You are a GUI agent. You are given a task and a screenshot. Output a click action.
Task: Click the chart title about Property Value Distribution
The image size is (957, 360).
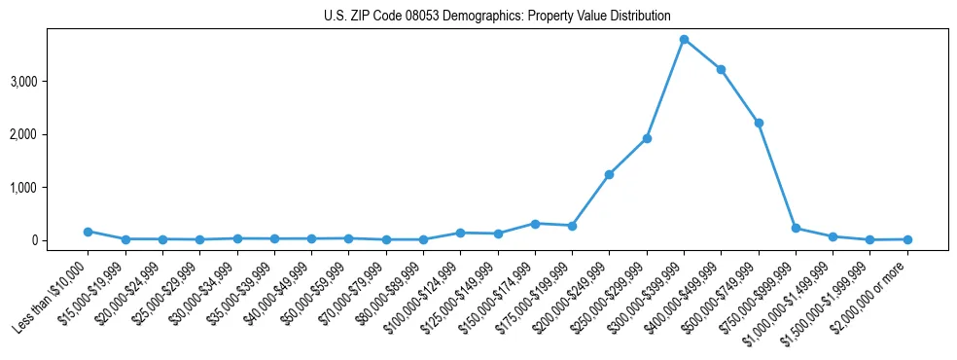point(497,16)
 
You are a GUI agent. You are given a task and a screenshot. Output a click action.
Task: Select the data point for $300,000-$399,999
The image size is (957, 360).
point(684,40)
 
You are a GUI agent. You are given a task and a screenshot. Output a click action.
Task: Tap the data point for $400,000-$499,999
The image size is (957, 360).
point(721,70)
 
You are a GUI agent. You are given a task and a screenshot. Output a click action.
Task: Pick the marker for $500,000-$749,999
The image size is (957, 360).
point(759,123)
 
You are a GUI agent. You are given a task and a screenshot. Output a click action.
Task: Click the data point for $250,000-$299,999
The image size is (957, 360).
point(647,138)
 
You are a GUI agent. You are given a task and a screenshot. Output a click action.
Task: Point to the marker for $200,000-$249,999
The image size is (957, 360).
point(609,175)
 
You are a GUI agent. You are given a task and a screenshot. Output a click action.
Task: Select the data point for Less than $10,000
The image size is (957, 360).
point(88,232)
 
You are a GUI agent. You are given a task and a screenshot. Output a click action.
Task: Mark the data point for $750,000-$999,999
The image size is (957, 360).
point(796,229)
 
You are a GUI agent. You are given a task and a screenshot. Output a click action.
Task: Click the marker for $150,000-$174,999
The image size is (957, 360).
point(535,224)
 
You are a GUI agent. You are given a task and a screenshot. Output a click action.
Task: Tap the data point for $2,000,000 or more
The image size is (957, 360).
point(907,239)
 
